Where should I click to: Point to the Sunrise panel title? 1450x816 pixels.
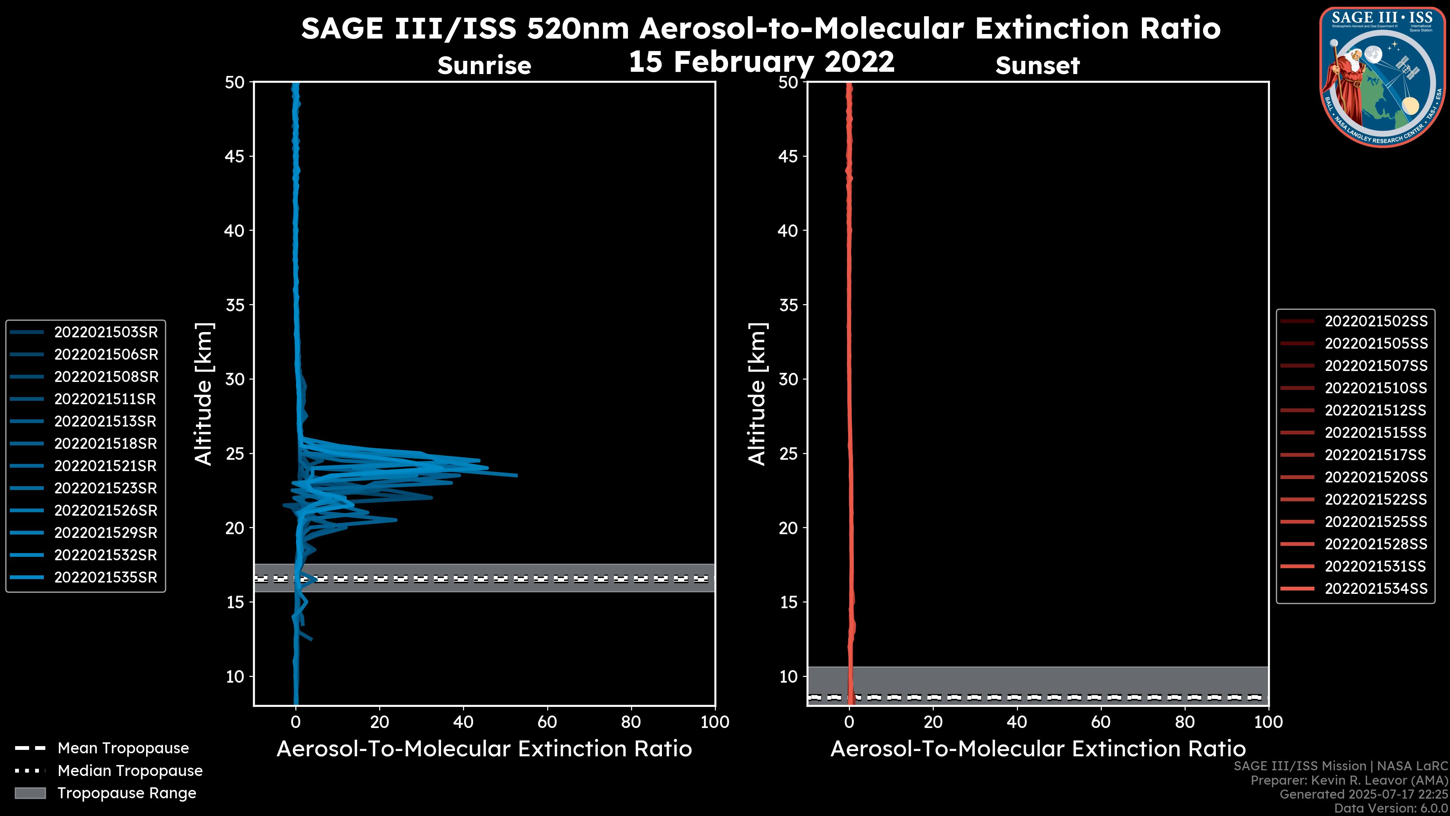pyautogui.click(x=484, y=66)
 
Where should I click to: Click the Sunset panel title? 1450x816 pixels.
pyautogui.click(x=1037, y=66)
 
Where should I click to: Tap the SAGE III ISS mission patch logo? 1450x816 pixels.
pyautogui.click(x=1383, y=77)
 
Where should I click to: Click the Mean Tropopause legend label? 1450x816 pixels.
pyautogui.click(x=123, y=748)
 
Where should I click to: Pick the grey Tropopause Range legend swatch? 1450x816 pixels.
pyautogui.click(x=30, y=793)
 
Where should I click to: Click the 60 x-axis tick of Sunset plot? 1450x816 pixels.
pyautogui.click(x=1100, y=722)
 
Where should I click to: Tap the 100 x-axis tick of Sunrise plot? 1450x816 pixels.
pyautogui.click(x=714, y=722)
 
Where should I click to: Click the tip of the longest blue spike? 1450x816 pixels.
pyautogui.click(x=516, y=475)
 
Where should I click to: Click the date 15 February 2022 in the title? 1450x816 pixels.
pyautogui.click(x=761, y=62)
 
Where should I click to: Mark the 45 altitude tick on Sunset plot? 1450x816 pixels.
pyautogui.click(x=788, y=156)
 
